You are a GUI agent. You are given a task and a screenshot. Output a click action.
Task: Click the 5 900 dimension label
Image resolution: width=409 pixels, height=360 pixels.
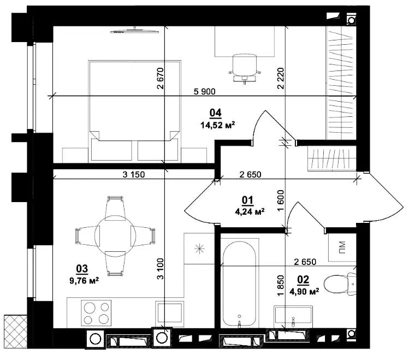pos(204,92)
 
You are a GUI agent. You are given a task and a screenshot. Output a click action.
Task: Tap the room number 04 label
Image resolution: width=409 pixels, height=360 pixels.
pos(216,113)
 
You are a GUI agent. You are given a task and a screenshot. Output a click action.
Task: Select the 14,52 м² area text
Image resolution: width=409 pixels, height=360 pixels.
pos(217,125)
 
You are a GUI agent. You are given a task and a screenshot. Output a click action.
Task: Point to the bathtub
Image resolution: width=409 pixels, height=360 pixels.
pos(240,284)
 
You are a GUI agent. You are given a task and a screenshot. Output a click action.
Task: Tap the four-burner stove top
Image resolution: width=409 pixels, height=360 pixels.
pos(96,313)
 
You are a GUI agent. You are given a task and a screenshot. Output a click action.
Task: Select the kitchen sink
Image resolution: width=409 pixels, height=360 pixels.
pos(170,313)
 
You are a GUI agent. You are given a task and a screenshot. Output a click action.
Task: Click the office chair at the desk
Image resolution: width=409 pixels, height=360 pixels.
pos(245,68)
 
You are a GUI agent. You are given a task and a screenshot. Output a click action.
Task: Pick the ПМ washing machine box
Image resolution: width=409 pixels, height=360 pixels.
pos(342,247)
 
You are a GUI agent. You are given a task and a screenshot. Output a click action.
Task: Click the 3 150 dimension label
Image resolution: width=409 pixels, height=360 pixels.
pos(134,174)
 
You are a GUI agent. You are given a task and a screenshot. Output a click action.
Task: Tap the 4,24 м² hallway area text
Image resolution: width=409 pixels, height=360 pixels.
pos(250,211)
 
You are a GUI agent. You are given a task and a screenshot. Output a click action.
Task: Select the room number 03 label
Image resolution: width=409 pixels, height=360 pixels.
pos(82,269)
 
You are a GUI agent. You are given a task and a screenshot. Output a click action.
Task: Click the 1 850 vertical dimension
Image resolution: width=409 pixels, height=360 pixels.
pos(281,286)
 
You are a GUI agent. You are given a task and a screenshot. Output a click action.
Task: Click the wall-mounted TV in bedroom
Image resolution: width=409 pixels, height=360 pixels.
pos(134,31)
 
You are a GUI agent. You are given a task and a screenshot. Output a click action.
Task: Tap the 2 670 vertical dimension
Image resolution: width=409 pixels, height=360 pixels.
pos(161,78)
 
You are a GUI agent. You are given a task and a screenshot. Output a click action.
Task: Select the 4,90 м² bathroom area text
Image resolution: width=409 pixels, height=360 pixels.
pos(304,291)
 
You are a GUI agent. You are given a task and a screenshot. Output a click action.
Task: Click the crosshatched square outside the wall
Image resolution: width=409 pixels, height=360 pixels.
pos(15,331)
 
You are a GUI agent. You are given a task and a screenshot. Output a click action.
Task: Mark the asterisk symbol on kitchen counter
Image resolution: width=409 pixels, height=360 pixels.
pos(199,249)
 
